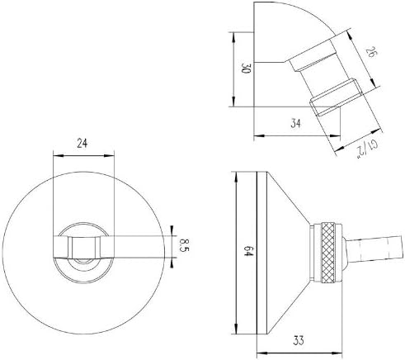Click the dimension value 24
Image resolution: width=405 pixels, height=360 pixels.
pos(82,143)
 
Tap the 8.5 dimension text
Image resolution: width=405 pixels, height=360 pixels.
pos(184,245)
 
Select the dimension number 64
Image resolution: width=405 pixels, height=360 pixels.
pos(248,250)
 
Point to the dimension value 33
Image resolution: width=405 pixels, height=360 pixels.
pos(299,341)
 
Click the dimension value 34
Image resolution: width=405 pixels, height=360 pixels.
pos(296,123)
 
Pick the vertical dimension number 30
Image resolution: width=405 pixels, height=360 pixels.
pos(246,69)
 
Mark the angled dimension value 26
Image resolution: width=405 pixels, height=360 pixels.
pos(370,52)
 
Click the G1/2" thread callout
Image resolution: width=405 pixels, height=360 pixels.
pos(367,149)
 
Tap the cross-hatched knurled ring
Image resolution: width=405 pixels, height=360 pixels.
pos(327,252)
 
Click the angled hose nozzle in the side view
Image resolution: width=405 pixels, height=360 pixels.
pos(374,249)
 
